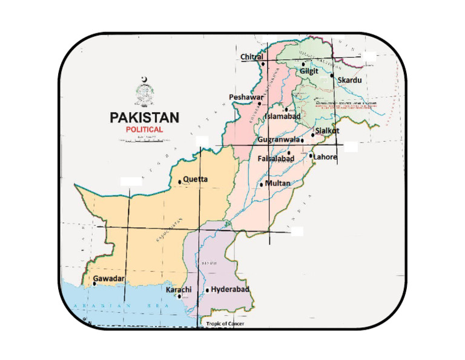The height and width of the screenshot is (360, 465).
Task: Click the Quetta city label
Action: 196,179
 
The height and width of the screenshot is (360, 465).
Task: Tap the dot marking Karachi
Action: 179,296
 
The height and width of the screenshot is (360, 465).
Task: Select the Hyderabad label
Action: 231,290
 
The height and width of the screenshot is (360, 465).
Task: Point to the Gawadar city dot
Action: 94,284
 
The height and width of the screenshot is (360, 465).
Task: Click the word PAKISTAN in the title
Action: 144,117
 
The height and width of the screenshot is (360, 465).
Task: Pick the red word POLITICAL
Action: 144,130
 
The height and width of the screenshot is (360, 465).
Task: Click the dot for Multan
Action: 261,184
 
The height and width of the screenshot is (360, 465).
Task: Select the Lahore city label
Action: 326,157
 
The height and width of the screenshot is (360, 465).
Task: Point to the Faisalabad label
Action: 275,159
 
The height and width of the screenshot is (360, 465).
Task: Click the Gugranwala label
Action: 279,139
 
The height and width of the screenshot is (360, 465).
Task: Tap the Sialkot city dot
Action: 312,135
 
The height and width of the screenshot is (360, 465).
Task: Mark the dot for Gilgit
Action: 303,63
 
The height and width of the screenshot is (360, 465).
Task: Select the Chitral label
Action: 252,57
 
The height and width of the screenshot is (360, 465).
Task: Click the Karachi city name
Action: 179,290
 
